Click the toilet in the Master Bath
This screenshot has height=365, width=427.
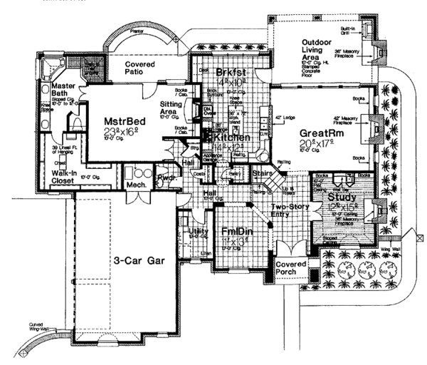[x=75, y=123]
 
